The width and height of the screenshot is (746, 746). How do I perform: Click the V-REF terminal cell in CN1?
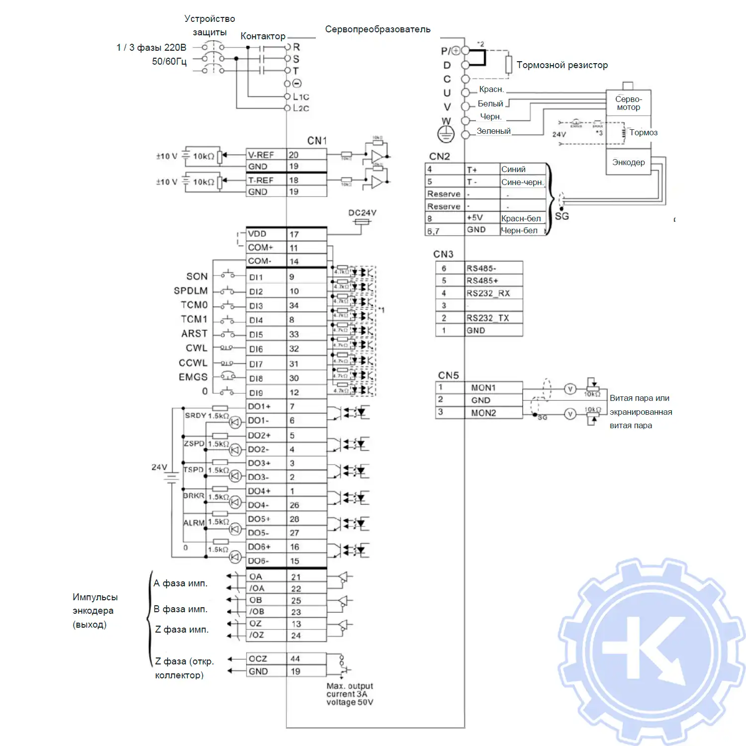coord(266,155)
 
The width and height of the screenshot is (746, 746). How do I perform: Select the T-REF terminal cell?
coord(266,180)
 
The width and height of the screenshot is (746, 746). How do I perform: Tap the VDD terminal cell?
coord(266,234)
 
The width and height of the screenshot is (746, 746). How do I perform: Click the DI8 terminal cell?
coord(266,378)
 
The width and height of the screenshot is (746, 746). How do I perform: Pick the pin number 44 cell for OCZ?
coord(306,658)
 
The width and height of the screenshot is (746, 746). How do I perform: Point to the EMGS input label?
coord(193,377)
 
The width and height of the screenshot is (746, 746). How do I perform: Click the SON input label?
coord(197,277)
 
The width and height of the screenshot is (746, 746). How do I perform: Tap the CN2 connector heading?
coord(440,156)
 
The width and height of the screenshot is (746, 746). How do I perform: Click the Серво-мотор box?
coord(628,103)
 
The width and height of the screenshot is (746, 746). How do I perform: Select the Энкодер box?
coord(628,162)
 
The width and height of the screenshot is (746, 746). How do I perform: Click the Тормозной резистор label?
coord(562,65)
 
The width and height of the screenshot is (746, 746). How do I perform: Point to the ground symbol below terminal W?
coord(446,134)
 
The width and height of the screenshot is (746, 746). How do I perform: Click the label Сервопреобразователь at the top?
coord(377,29)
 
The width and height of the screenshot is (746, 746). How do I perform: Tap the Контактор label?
coord(263,36)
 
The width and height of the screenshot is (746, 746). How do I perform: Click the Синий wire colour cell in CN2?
coord(522,169)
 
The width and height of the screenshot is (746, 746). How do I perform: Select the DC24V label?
coord(362,213)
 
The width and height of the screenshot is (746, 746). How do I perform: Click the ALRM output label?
coord(194,523)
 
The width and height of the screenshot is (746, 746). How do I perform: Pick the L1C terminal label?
coord(301,97)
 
